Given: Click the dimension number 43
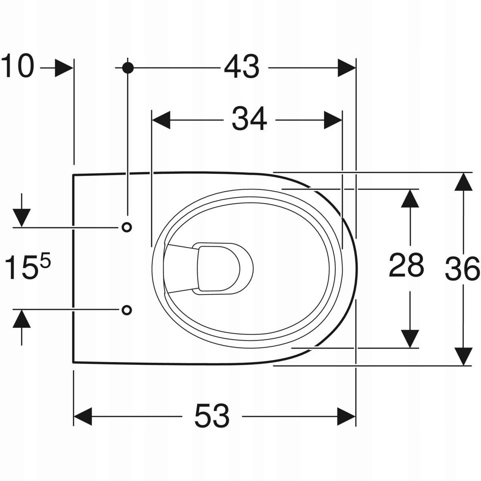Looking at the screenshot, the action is (242, 67).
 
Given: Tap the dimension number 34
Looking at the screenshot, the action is (249, 119).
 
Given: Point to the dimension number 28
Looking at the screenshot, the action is (406, 265).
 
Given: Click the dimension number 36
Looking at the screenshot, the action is (463, 269).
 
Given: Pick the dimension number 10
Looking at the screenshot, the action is (18, 66).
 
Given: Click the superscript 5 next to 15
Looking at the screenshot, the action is (45, 260).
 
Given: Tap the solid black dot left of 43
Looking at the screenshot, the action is (128, 68).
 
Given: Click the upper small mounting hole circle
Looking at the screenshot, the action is (127, 227).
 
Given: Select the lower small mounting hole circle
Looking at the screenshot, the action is (127, 310).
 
